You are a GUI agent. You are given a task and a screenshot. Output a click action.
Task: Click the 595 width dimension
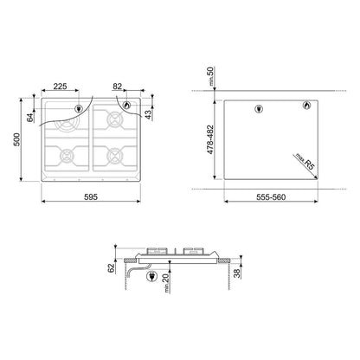coord(91,197)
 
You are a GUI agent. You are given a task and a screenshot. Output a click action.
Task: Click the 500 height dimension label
coord(17,139)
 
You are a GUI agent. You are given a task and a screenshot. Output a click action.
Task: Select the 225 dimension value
coord(60,87)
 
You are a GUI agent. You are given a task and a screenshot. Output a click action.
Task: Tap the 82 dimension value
coord(118,87)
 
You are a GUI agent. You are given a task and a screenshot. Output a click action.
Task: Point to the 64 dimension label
coord(30,118)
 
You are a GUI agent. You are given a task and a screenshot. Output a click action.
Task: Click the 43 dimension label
coord(148,115)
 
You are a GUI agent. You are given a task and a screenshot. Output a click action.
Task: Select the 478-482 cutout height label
coord(210,139)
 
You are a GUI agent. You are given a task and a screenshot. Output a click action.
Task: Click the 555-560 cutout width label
coord(271,197)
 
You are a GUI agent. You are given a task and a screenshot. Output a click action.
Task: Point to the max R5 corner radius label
coord(305,162)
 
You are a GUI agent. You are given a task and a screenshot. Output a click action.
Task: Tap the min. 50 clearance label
coord(211,76)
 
